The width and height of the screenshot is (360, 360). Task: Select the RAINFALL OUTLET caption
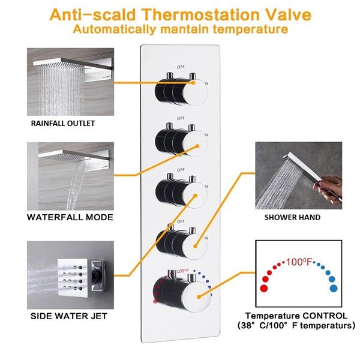pos(63,124)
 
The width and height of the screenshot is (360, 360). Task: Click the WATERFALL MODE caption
pos(70,217)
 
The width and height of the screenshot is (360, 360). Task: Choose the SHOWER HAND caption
pos(292,217)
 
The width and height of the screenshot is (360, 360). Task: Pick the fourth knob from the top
pos(178,240)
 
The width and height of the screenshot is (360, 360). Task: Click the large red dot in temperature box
pos(263,288)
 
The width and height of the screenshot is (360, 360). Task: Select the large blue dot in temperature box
pos(333,288)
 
